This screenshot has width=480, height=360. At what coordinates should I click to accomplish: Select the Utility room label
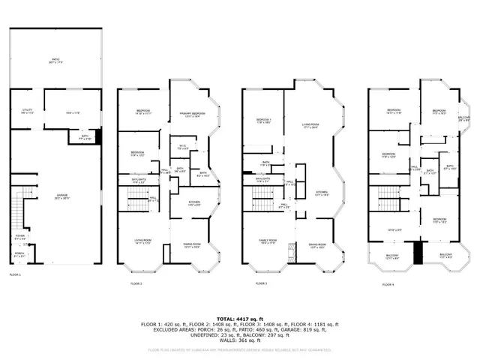26,111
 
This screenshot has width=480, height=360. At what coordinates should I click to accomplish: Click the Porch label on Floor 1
19,256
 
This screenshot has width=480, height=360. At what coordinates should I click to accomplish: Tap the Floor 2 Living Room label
133,241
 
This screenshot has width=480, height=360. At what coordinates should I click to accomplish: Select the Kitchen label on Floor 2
194,203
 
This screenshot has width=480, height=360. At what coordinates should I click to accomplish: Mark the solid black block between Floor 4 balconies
418,253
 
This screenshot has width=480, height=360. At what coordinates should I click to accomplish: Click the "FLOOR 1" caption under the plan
15,275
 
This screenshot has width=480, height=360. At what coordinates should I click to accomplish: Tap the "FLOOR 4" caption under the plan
387,285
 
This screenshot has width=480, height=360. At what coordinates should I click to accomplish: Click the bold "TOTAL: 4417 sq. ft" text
239,319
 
